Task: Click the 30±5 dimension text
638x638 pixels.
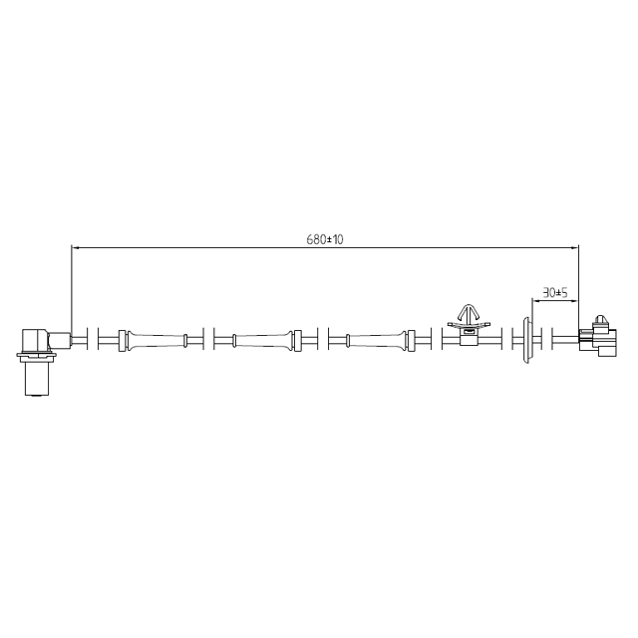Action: [554, 293]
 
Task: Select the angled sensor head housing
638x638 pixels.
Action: [40, 339]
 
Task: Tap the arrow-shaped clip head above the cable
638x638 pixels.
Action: [468, 311]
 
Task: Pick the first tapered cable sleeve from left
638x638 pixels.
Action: [155, 341]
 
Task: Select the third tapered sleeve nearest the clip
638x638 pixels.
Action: [377, 341]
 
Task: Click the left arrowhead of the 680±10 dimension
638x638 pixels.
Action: [77, 247]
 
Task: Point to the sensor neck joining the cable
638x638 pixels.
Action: [62, 340]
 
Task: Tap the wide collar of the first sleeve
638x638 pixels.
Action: [124, 341]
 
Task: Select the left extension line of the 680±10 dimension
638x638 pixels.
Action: [72, 289]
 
